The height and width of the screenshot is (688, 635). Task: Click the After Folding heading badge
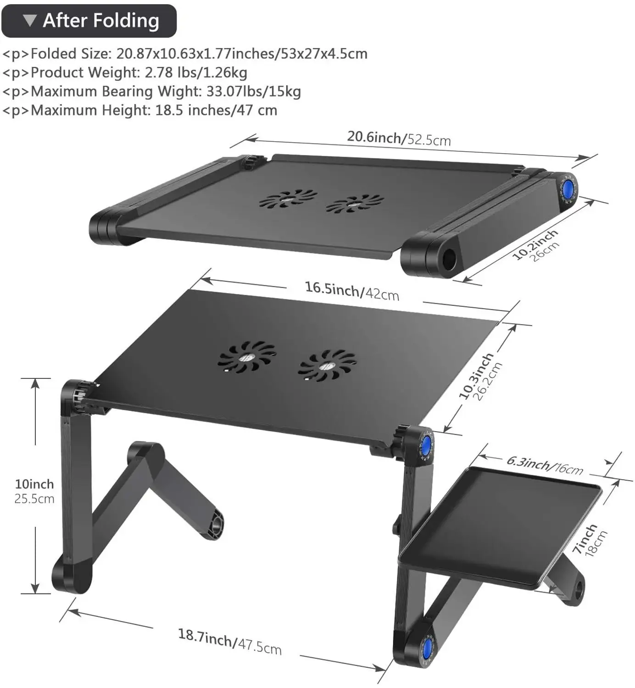click(x=89, y=21)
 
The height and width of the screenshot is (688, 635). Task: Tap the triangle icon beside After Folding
click(x=30, y=21)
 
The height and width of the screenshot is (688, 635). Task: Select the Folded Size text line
click(x=185, y=54)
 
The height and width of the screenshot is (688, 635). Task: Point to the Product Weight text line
click(x=125, y=72)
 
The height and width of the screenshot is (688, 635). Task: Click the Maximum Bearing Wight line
click(x=151, y=91)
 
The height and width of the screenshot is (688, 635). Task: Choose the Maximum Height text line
click(x=140, y=110)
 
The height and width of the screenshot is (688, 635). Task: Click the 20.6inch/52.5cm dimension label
click(x=398, y=138)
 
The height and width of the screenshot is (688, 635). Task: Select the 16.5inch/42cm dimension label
click(x=352, y=290)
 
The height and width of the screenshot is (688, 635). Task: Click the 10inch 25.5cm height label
click(x=34, y=491)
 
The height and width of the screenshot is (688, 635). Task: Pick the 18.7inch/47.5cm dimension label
click(x=229, y=641)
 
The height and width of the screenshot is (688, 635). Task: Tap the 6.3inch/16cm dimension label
click(x=545, y=465)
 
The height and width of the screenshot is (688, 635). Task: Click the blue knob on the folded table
click(x=568, y=189)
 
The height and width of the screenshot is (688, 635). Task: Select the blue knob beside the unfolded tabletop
click(x=426, y=444)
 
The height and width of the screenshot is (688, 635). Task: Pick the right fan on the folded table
click(x=355, y=203)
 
